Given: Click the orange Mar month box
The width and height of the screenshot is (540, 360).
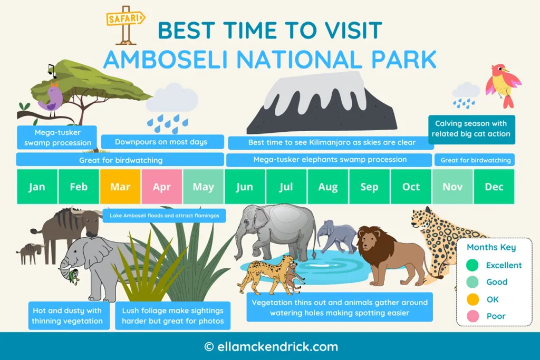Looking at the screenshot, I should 120,187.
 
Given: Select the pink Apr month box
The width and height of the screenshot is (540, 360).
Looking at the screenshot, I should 162,187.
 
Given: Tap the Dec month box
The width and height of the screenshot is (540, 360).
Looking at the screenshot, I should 494,187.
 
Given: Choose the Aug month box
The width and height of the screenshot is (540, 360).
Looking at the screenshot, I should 327,187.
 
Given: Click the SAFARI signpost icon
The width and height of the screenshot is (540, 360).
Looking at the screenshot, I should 126,24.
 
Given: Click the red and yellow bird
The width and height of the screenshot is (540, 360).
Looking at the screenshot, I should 502,84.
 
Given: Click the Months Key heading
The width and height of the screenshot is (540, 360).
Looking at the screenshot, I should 491,247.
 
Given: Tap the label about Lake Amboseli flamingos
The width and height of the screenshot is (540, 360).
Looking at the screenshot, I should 164,216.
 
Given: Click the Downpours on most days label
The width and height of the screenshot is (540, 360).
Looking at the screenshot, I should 161,142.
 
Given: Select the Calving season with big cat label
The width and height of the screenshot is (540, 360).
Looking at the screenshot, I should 471,129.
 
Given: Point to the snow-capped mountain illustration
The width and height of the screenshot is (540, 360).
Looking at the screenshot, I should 322,105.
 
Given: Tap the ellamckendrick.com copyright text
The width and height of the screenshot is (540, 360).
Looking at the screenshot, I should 271,347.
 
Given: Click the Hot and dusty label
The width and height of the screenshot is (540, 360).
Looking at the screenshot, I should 69,316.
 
